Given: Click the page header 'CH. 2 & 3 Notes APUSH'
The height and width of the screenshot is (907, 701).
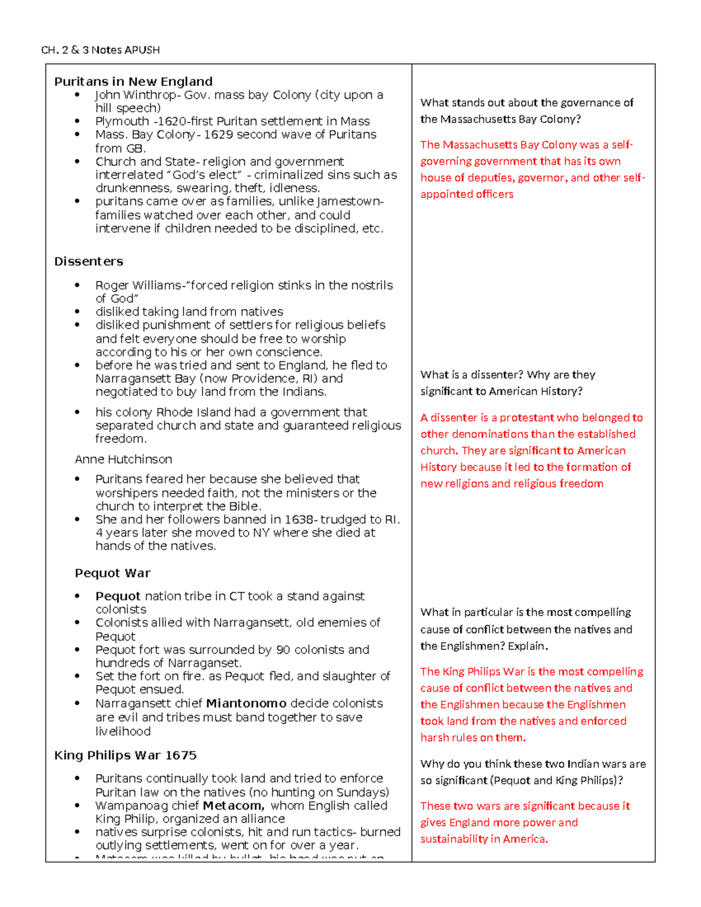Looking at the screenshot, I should click(100, 50).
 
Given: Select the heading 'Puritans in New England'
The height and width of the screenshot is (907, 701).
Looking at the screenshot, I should click(133, 82).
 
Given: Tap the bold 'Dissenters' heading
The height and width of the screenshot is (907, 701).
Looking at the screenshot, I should click(89, 262).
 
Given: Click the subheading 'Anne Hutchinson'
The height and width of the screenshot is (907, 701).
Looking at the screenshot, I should click(123, 460).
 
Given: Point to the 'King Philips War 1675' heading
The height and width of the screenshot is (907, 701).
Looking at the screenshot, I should click(125, 755).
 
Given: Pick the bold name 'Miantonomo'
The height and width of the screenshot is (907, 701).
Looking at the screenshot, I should click(246, 704).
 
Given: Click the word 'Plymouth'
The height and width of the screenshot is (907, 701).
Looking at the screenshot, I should click(122, 121).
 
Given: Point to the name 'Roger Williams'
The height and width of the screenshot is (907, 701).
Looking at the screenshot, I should click(139, 286).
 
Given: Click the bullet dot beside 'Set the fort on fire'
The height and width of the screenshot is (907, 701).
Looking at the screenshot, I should click(77, 676).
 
